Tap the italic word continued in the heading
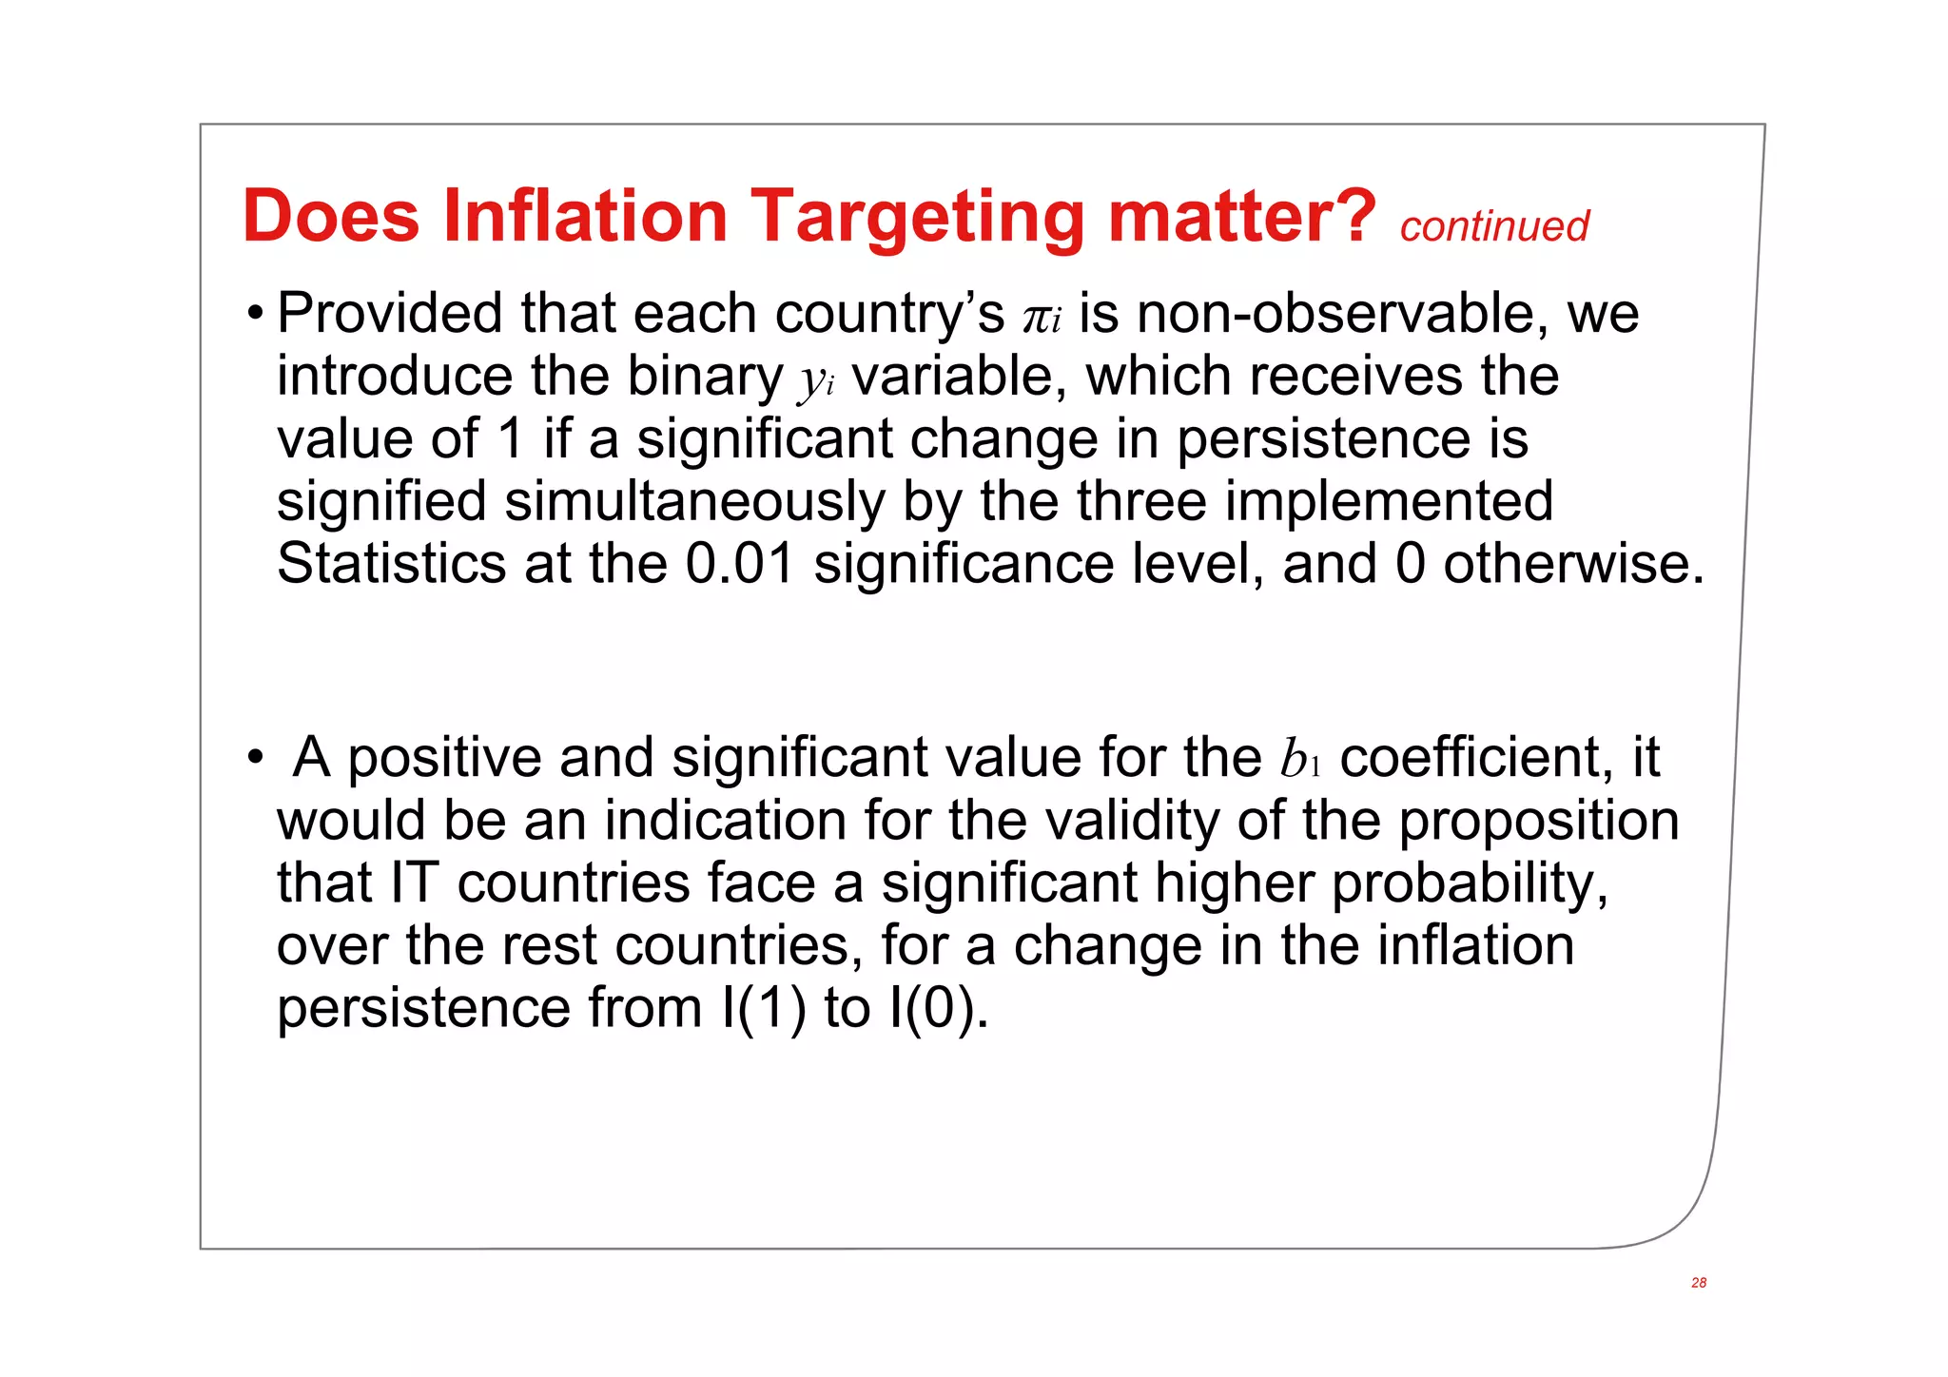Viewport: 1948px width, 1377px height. click(1493, 226)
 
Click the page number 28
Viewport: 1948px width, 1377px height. click(1698, 1283)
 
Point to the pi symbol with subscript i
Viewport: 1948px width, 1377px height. click(1042, 317)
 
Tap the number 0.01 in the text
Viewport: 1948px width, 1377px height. click(740, 563)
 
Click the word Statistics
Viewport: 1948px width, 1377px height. click(391, 563)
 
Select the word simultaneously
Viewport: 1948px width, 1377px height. click(694, 502)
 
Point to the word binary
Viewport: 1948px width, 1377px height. click(704, 377)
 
